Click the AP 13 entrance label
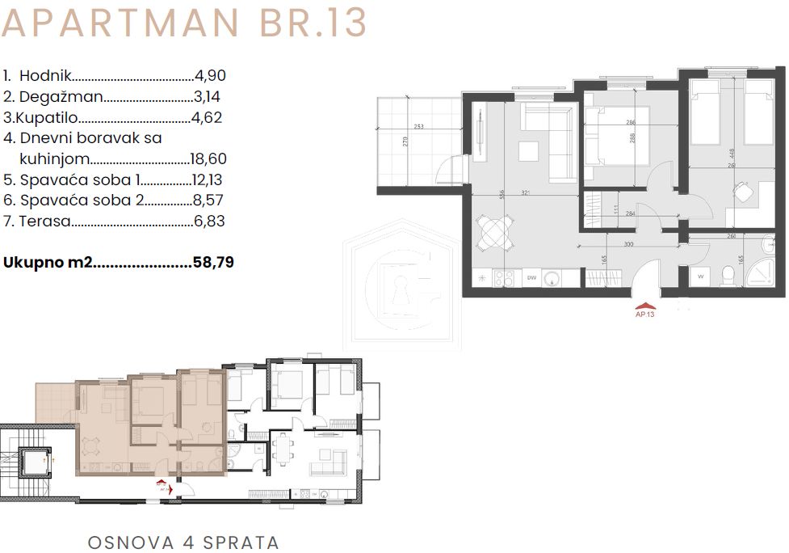tap(644, 314)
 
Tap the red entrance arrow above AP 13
tap(644, 306)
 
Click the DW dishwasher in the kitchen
tap(531, 278)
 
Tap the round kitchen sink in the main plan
tap(552, 278)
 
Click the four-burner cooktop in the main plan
tap(505, 278)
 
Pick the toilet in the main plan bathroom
tap(729, 277)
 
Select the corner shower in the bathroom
tap(759, 275)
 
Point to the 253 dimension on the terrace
tap(418, 127)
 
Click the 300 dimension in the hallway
tap(628, 243)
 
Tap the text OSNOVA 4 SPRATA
tap(183, 541)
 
